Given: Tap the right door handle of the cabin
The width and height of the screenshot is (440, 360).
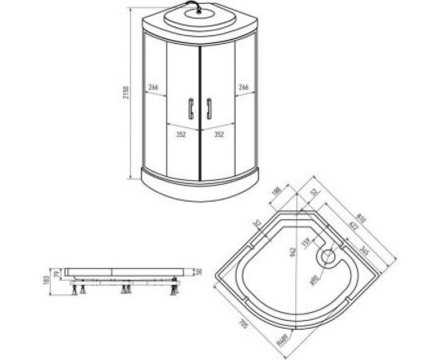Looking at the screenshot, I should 208,107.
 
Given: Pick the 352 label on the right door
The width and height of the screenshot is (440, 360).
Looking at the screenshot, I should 217,135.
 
